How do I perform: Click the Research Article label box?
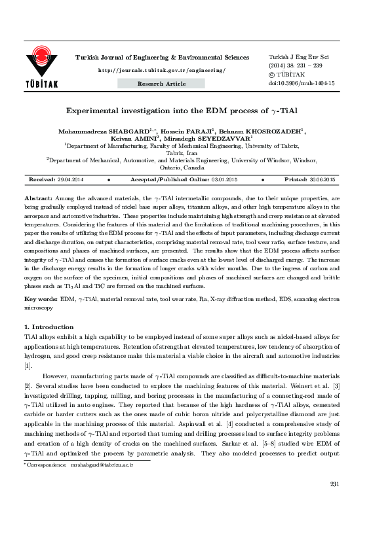click(161, 84)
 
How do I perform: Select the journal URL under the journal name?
click(161, 70)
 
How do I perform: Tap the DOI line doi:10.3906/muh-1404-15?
click(302, 84)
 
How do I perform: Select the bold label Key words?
click(40, 298)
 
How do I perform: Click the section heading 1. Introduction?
click(49, 327)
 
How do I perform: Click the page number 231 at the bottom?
click(334, 520)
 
